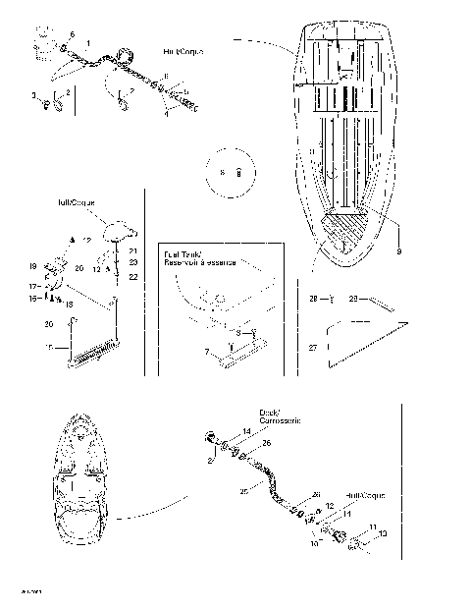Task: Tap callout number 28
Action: [314, 296]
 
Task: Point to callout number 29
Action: [356, 296]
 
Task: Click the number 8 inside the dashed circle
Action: [223, 172]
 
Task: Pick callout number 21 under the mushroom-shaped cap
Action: [133, 251]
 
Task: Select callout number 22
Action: [133, 276]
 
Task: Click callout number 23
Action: [133, 263]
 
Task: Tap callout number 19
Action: [33, 266]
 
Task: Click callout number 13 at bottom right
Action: [383, 533]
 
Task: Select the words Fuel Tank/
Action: [185, 251]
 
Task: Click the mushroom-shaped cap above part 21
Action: [122, 229]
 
